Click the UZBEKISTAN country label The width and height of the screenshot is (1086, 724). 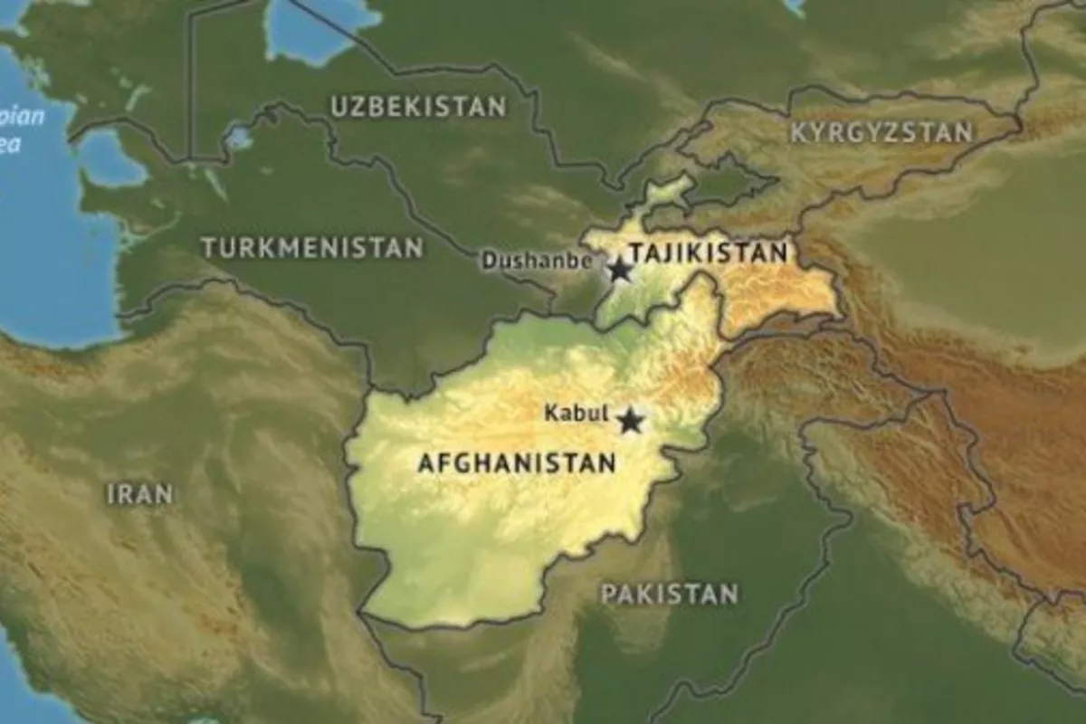click(417, 106)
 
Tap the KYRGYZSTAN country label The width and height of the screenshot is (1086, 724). click(881, 133)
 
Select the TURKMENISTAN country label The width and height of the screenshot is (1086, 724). click(312, 247)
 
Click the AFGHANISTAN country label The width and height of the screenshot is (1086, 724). click(516, 463)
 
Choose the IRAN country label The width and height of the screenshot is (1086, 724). click(139, 493)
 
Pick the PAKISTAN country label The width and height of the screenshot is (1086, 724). click(670, 595)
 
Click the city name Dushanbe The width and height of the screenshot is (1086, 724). click(537, 262)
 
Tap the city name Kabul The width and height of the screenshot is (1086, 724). click(576, 413)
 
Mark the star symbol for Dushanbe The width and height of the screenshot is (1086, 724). click(620, 270)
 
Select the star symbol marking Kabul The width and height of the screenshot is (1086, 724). click(630, 421)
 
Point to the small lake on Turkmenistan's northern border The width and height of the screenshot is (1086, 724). click(239, 138)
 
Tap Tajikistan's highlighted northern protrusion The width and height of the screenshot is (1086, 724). click(665, 195)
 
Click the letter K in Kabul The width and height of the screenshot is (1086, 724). click(550, 413)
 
